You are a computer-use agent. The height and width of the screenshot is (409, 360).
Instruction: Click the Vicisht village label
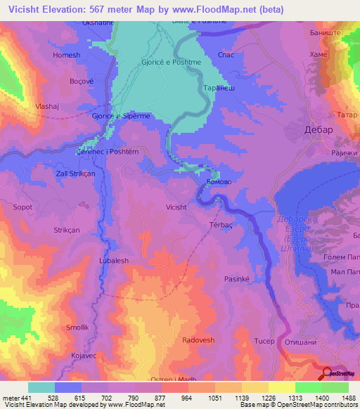coord(176,207)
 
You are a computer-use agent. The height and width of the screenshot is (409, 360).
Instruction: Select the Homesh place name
coord(66,53)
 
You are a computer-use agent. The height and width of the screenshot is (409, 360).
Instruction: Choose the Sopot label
coord(23,207)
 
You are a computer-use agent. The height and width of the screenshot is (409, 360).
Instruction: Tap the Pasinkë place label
coord(238,279)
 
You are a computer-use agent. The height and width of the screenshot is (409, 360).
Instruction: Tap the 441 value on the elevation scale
coord(27,397)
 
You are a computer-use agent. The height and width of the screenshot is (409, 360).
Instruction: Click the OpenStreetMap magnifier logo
coord(328,373)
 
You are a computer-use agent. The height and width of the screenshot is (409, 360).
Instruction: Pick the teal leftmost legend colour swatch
coord(41,387)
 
